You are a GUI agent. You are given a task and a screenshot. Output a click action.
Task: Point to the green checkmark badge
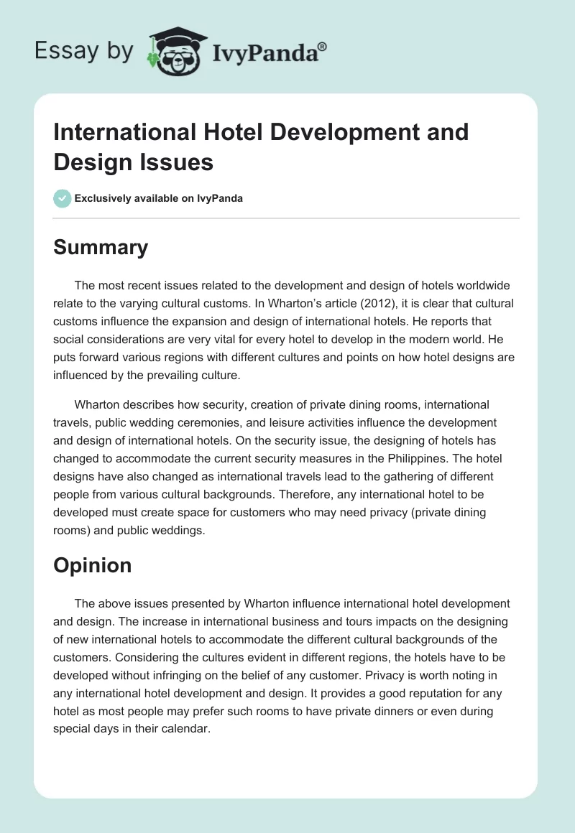point(63,198)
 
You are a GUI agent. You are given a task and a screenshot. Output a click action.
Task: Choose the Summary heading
point(101,247)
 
